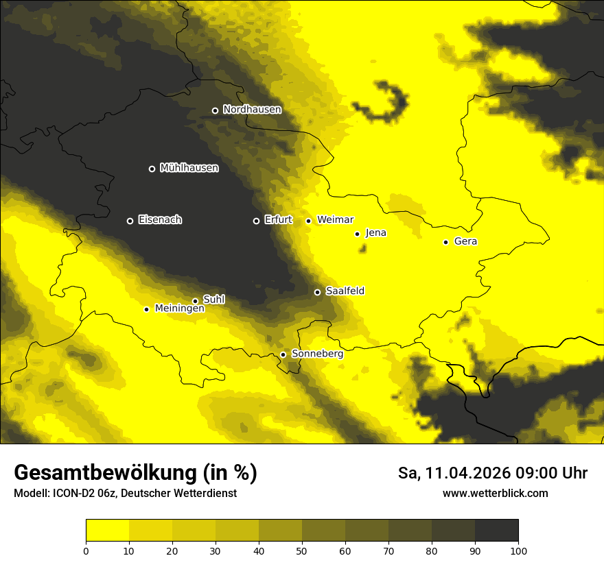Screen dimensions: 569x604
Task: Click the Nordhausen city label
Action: (x=252, y=110)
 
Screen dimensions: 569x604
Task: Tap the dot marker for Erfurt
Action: (x=256, y=221)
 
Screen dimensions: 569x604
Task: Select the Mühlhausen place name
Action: (x=189, y=168)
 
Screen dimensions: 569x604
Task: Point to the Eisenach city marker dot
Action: (x=130, y=221)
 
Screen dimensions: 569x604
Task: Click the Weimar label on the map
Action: (x=336, y=220)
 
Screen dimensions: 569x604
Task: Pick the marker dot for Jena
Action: (x=357, y=234)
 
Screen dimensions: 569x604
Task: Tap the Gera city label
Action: (x=465, y=241)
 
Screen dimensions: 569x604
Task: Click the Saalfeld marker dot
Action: (x=317, y=292)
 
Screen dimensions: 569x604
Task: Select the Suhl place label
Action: (x=213, y=300)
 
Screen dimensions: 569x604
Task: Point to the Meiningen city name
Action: (x=180, y=309)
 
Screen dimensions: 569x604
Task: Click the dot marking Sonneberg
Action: (x=283, y=354)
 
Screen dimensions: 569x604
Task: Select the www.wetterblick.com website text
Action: (x=495, y=494)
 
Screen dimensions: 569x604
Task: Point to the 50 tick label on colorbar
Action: (x=302, y=550)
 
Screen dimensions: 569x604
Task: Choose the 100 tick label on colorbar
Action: (x=518, y=550)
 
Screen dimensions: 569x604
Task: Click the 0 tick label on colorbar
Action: (x=86, y=550)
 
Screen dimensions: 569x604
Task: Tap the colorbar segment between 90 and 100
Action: (x=496, y=530)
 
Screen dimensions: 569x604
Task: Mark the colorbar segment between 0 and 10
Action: (x=107, y=530)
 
